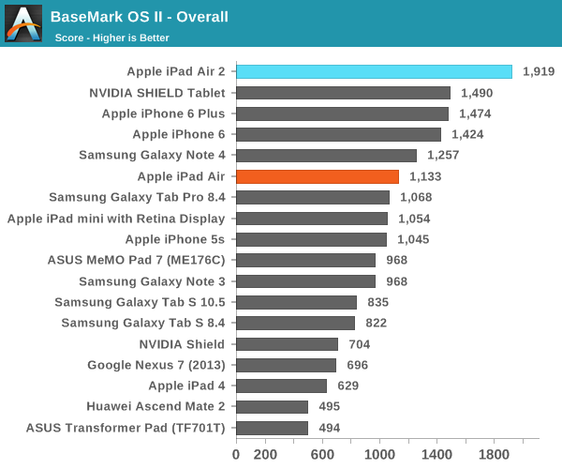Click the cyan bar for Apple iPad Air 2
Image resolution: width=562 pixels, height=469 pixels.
pyautogui.click(x=374, y=71)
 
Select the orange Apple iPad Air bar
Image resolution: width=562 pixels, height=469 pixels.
pyautogui.click(x=318, y=176)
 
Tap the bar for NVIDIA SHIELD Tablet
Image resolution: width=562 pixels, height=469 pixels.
pyautogui.click(x=343, y=93)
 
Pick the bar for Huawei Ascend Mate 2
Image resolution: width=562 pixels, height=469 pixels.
pyautogui.click(x=272, y=406)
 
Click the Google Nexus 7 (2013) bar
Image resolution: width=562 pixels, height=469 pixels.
pyautogui.click(x=286, y=365)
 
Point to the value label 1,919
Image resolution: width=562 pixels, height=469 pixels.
pyautogui.click(x=540, y=72)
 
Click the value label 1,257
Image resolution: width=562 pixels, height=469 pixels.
pyautogui.click(x=443, y=156)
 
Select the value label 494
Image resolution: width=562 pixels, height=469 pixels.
pyautogui.click(x=329, y=428)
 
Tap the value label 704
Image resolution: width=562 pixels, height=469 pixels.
pyautogui.click(x=359, y=344)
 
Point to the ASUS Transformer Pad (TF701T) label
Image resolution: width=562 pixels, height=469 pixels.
pyautogui.click(x=126, y=428)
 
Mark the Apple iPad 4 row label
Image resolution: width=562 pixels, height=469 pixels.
pyautogui.click(x=186, y=386)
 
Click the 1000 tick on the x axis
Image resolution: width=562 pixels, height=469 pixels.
pyautogui.click(x=379, y=455)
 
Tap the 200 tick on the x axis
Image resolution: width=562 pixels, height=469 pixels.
pyautogui.click(x=265, y=455)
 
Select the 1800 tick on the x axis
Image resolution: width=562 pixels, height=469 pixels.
pyautogui.click(x=495, y=455)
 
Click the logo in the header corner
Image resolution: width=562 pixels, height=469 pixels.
pyautogui.click(x=22, y=23)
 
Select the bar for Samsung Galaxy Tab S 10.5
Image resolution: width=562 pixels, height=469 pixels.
pyautogui.click(x=296, y=302)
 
